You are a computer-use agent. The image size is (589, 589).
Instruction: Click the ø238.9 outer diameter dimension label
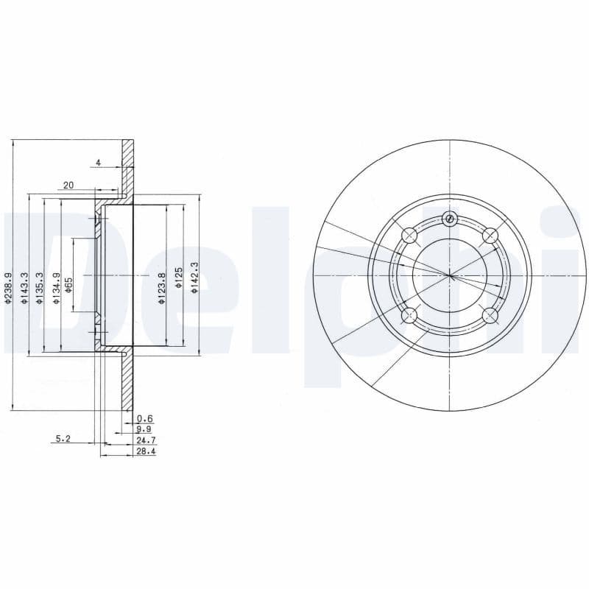point(8,287)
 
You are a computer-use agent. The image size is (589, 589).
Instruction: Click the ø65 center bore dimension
point(68,285)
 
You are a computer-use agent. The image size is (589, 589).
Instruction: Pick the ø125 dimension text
point(178,280)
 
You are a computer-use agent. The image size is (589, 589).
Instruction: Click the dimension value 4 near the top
point(97,163)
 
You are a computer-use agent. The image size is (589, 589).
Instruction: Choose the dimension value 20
point(68,186)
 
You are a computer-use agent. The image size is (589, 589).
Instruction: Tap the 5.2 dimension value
point(64,439)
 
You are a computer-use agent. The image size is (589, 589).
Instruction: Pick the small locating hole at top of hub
point(450,218)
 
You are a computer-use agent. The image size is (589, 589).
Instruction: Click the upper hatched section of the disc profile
point(128,166)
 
